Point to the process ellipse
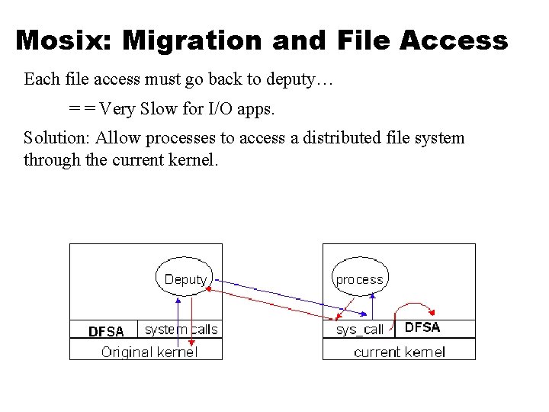[359, 279]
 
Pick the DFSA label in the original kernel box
[106, 331]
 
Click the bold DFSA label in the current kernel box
[422, 327]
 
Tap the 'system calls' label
[181, 330]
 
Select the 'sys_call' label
[360, 330]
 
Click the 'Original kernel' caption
[149, 352]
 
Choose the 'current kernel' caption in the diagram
[400, 352]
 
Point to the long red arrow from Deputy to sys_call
[274, 304]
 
